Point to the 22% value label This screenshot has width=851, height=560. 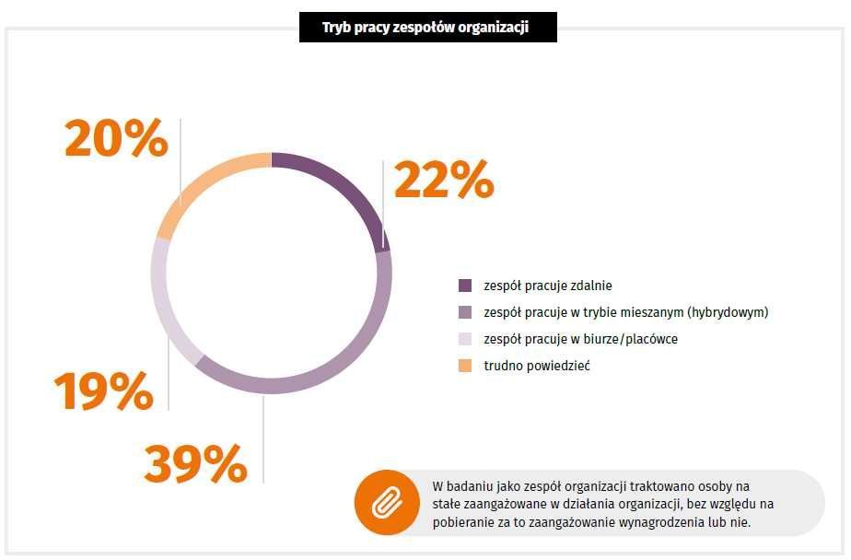pos(443,180)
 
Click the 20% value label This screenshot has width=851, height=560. pos(115,139)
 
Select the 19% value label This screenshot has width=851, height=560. pos(103,391)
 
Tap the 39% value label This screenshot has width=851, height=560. pos(195,463)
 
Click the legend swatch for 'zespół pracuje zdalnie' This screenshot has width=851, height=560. pos(465,286)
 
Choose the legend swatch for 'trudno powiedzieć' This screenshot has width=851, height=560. pos(465,367)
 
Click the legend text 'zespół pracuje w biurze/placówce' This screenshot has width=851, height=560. pos(580,339)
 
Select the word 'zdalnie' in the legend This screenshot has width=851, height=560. pos(590,286)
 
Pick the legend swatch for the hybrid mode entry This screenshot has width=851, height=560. pos(465,312)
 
